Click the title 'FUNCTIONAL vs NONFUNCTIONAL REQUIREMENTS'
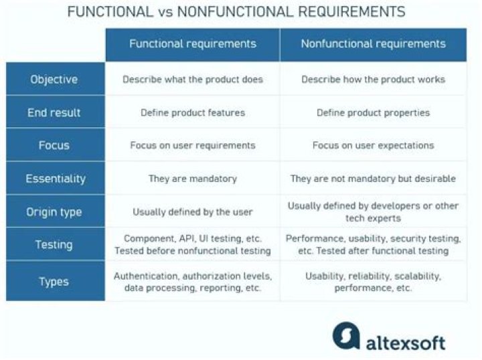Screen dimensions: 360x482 pyautogui.click(x=236, y=12)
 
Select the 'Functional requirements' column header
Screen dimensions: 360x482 pyautogui.click(x=193, y=44)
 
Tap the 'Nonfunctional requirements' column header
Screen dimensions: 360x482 pyautogui.click(x=373, y=44)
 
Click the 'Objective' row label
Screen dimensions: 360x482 pyautogui.click(x=54, y=80)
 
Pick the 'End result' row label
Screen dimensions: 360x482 pyautogui.click(x=54, y=112)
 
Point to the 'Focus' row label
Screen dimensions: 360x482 pyautogui.click(x=54, y=145)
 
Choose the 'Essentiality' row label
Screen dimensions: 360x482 pyautogui.click(x=54, y=179)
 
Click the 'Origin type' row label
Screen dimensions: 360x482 pyautogui.click(x=54, y=212)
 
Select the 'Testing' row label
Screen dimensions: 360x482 pyautogui.click(x=54, y=245)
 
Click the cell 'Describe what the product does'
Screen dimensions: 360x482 pyautogui.click(x=193, y=80)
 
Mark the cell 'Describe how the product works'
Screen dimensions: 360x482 pyautogui.click(x=373, y=80)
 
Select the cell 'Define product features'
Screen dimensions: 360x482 pyautogui.click(x=193, y=112)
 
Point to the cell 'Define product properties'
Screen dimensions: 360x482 pyautogui.click(x=373, y=112)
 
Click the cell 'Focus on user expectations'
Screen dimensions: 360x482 pyautogui.click(x=373, y=145)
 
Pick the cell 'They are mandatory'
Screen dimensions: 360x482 pyautogui.click(x=193, y=179)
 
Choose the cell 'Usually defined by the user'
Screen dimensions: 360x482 pyautogui.click(x=193, y=212)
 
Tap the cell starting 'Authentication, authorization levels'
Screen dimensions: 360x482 pyautogui.click(x=193, y=282)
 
